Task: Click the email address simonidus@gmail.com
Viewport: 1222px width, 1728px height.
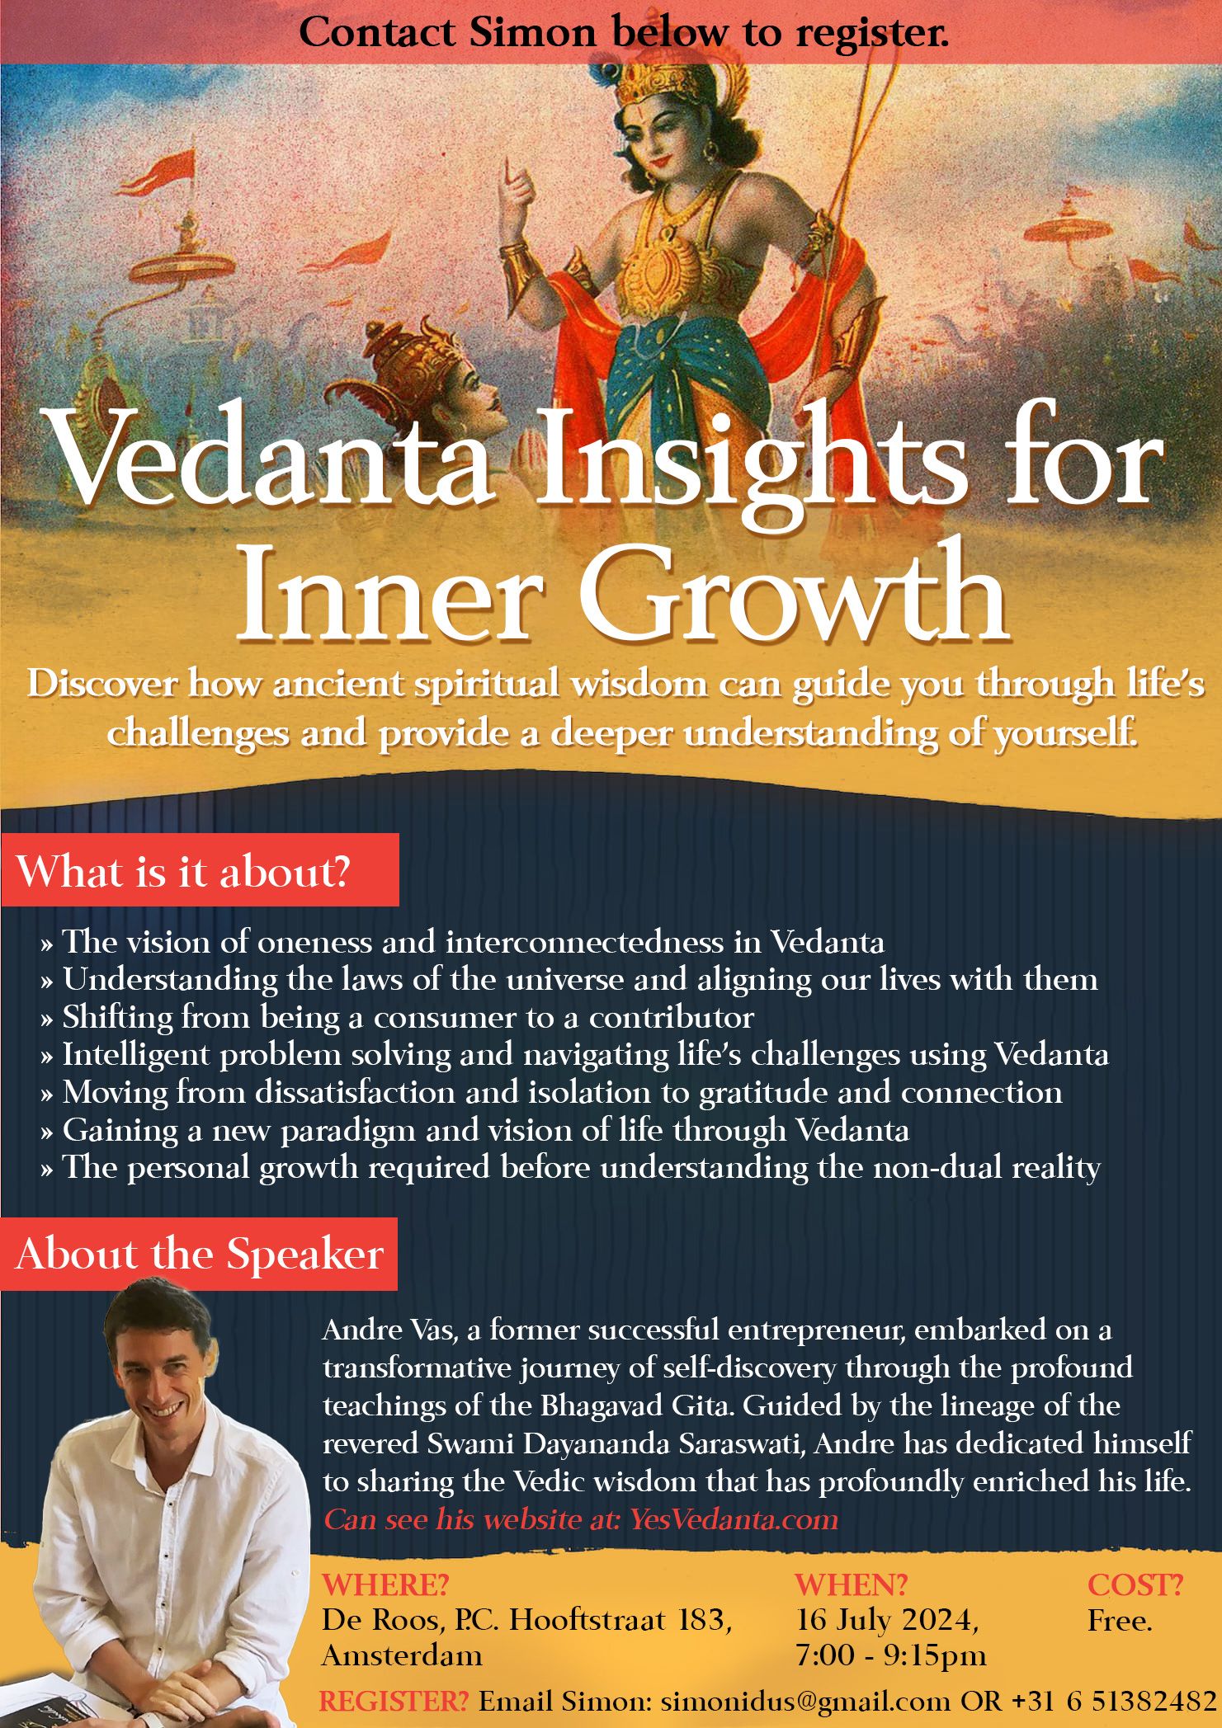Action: coord(805,1701)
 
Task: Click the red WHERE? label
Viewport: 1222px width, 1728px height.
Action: coord(385,1584)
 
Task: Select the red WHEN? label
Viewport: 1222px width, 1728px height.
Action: coord(851,1584)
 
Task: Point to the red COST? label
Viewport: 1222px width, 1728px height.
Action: coord(1135,1584)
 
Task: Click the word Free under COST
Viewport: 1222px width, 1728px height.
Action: coord(1119,1621)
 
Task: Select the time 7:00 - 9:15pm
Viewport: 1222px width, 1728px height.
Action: coord(890,1655)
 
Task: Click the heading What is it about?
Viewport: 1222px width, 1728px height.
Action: coord(183,872)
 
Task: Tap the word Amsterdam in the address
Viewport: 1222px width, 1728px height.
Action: coord(402,1655)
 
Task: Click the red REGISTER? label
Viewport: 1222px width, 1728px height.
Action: coord(394,1701)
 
